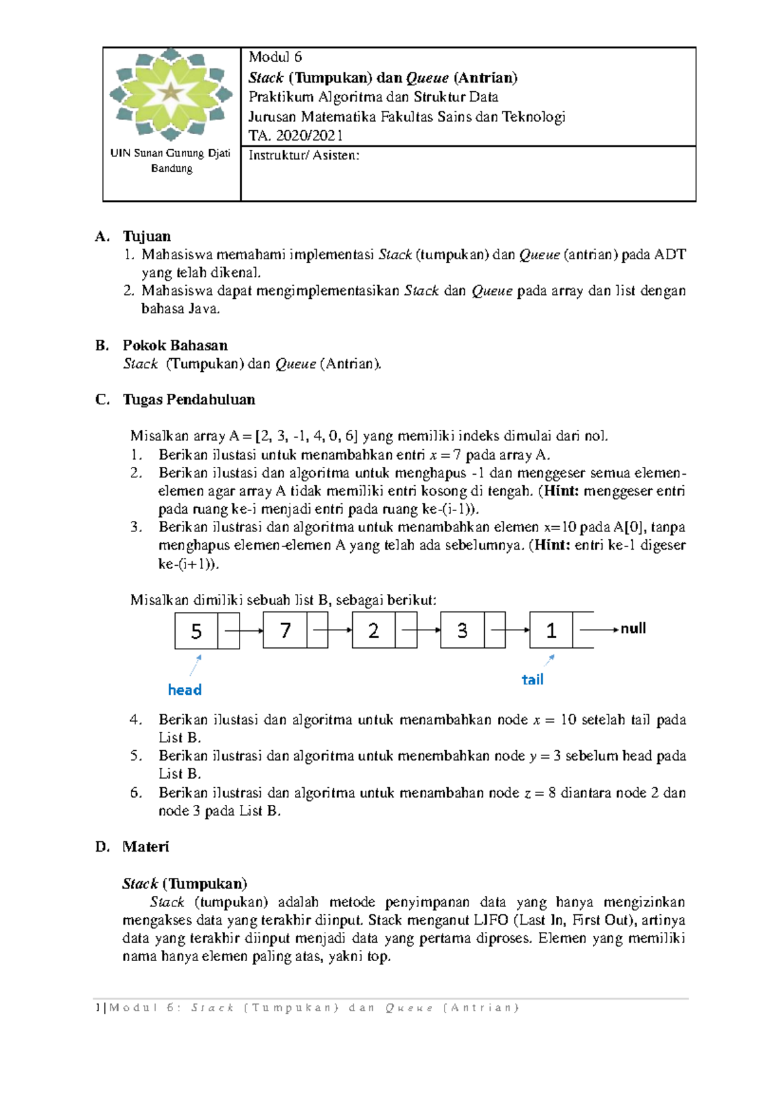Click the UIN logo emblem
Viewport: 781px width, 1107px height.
coord(171,93)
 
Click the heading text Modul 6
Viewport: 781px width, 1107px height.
coord(275,57)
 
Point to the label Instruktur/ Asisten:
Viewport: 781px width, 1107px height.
coord(303,155)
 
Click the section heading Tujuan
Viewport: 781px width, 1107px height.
coord(146,236)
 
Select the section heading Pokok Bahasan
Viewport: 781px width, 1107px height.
coord(175,345)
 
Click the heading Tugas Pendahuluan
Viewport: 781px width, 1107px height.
coord(189,399)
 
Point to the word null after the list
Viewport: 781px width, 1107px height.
coord(633,628)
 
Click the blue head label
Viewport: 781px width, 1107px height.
coord(185,690)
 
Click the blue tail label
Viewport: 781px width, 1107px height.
coord(532,680)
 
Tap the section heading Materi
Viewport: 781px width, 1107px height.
coord(145,847)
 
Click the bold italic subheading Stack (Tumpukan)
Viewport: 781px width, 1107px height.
coord(185,884)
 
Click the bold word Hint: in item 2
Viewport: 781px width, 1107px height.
coord(561,491)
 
